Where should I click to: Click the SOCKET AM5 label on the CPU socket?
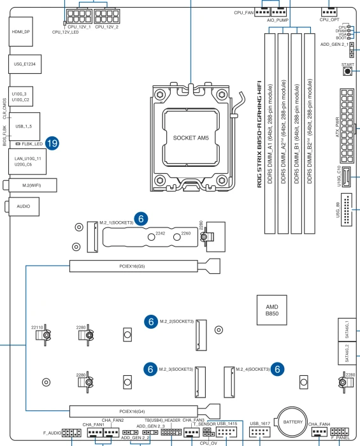tap(191, 138)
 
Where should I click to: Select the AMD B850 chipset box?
tap(272, 310)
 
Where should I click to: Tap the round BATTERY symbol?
tap(292, 422)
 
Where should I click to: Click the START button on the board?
tap(347, 71)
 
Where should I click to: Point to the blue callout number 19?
tap(52, 143)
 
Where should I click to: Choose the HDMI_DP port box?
tap(21, 32)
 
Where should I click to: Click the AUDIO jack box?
tap(24, 206)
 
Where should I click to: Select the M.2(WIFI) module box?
tap(32, 185)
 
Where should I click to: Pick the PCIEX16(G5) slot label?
tap(132, 266)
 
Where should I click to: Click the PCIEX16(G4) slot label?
tap(132, 412)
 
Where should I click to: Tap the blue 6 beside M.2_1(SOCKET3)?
tap(141, 219)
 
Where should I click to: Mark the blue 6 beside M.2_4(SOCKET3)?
tap(277, 369)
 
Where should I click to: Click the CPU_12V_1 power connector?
tap(79, 16)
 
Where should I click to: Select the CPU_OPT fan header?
tap(329, 12)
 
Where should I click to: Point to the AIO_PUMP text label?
tap(278, 20)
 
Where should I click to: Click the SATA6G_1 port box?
tap(347, 329)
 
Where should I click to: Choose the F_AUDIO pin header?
tap(71, 433)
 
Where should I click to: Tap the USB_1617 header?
tap(259, 433)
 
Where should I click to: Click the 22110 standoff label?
tap(37, 327)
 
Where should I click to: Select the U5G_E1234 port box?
tap(25, 64)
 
